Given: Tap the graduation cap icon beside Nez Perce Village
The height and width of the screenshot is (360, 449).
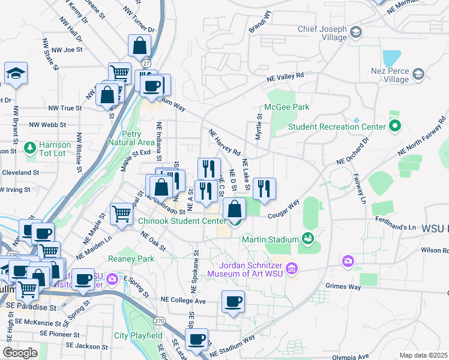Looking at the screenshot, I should [x=418, y=74].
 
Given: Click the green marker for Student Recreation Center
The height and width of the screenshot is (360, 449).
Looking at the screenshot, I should [x=394, y=127].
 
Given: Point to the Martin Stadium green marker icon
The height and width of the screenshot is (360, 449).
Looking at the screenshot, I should [x=308, y=239].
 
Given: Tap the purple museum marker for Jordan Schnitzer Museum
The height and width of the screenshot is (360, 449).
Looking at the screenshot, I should [x=292, y=267].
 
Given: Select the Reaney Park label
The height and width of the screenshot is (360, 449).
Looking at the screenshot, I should [x=131, y=259].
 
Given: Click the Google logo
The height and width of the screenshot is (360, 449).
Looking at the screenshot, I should [x=19, y=353].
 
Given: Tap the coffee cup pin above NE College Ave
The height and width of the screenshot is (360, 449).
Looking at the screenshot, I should [x=233, y=302].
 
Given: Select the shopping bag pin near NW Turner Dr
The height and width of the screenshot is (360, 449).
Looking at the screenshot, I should [x=139, y=46].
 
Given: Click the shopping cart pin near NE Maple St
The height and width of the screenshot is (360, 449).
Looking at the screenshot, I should [x=122, y=213].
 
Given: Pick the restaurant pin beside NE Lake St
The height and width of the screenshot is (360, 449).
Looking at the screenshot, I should [x=264, y=188].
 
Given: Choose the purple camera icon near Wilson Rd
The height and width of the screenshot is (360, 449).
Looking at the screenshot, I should [x=348, y=261].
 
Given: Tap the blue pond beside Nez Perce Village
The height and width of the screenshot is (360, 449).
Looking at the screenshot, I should [x=391, y=58].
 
